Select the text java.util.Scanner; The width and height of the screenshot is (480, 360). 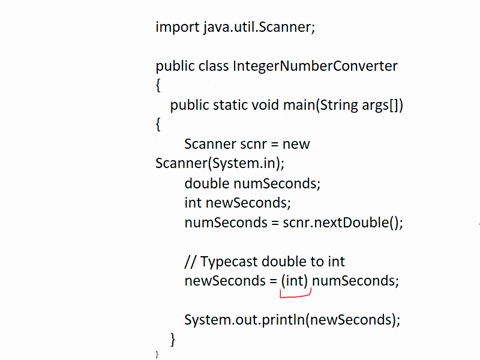click(x=264, y=26)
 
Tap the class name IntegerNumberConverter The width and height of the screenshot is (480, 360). click(x=315, y=66)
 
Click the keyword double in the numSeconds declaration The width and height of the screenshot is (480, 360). click(x=207, y=183)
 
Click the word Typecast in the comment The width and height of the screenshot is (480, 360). click(x=238, y=261)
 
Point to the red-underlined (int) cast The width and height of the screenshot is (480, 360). click(x=294, y=281)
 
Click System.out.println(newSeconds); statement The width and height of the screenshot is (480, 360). click(x=292, y=320)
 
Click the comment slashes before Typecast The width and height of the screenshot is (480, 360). click(x=190, y=261)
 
